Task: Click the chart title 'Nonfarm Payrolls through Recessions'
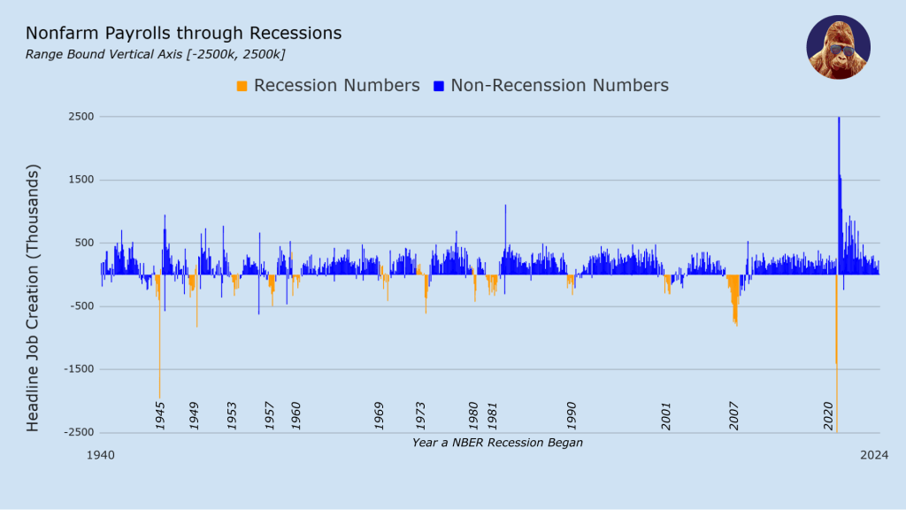183,34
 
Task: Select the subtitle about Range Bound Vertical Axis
155,55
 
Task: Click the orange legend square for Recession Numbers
242,86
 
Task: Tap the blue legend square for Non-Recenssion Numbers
438,86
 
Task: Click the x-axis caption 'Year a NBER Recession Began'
497,442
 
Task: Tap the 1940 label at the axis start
100,454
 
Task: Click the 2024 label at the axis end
875,454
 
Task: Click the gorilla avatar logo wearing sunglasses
838,47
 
